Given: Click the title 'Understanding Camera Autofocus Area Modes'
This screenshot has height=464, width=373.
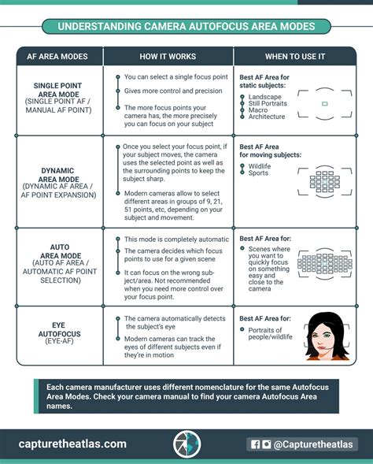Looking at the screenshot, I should (186, 27).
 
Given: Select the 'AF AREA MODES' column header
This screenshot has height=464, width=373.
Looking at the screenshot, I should (60, 57).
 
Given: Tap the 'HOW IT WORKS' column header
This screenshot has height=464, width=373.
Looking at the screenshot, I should (168, 57).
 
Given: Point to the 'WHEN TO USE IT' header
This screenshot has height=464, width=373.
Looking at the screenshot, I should (294, 57).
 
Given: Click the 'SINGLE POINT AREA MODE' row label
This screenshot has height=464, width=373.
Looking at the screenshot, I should (60, 91).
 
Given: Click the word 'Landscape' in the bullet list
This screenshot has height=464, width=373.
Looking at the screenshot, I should (264, 97).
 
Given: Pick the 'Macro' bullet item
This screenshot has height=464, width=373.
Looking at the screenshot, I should (257, 110).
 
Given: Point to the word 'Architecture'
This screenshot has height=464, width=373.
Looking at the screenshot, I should (268, 117).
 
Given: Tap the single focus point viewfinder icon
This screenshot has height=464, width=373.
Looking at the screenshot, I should (324, 104).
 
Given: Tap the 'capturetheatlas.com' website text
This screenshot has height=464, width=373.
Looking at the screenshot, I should (72, 444).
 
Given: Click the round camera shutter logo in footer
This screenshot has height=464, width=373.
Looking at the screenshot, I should (186, 444).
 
